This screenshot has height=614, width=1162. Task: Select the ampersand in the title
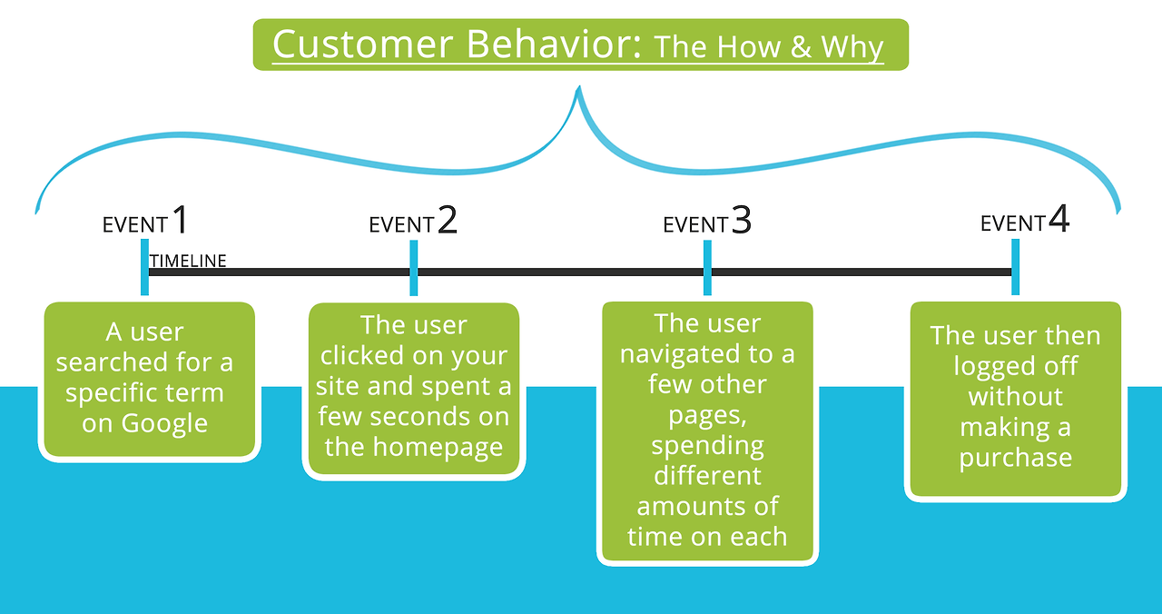[x=800, y=47]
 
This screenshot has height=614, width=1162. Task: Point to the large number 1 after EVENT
[x=180, y=220]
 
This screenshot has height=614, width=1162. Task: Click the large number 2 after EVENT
[x=448, y=220]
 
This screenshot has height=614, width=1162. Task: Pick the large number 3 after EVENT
[x=742, y=220]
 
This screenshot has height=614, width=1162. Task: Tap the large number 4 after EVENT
[x=1059, y=220]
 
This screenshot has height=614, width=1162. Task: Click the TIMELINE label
[x=188, y=262]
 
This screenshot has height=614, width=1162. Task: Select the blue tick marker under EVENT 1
[x=144, y=267]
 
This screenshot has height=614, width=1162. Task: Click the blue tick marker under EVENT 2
[x=414, y=267]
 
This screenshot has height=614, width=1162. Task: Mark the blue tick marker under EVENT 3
[x=707, y=267]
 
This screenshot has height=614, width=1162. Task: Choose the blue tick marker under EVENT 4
[x=1015, y=267]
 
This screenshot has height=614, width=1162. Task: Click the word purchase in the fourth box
[x=1015, y=457]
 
